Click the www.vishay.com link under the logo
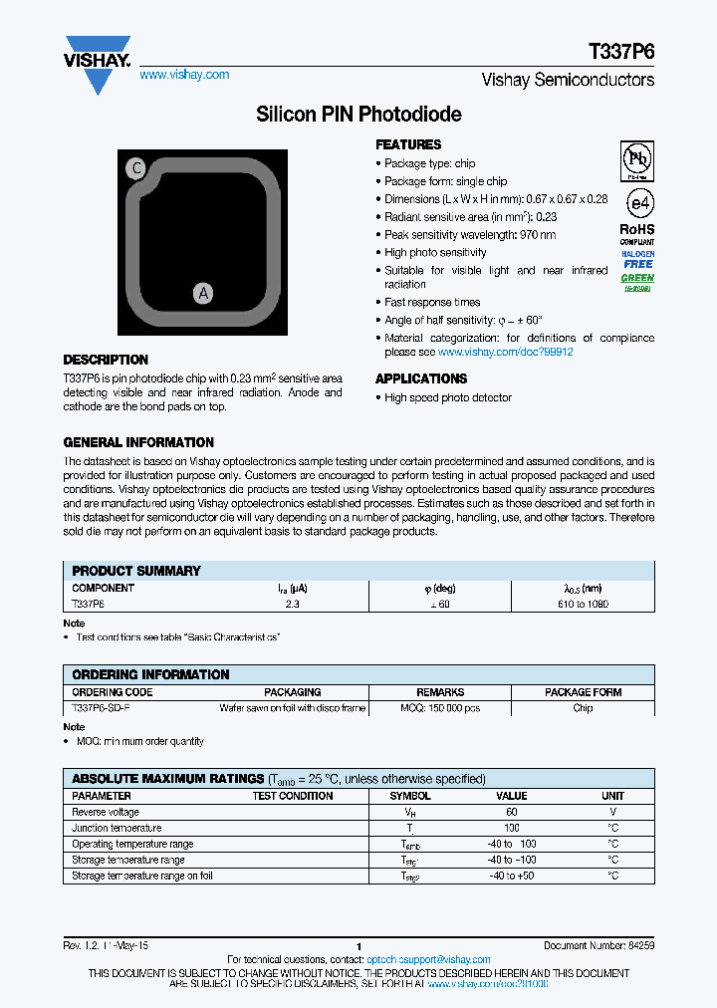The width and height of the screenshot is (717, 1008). tap(184, 75)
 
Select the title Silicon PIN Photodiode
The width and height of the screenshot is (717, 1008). tap(358, 115)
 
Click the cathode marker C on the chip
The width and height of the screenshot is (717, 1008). tap(137, 168)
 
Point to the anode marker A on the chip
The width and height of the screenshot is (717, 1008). tap(202, 293)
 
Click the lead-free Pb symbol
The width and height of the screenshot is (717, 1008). tap(637, 159)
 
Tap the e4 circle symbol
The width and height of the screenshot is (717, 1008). tap(638, 202)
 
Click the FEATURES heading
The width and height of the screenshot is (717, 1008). tap(408, 144)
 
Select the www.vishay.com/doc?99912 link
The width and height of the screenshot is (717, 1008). tap(505, 352)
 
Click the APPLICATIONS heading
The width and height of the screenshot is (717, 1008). tap(421, 378)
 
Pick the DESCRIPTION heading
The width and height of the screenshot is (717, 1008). tap(106, 360)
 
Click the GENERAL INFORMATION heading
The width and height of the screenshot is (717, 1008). tap(138, 442)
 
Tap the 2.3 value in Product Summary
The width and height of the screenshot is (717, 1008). tap(292, 604)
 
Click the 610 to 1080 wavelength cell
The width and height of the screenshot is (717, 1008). tap(584, 604)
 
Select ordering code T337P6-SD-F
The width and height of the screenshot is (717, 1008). tap(101, 708)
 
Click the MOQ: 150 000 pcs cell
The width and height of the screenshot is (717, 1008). tap(440, 708)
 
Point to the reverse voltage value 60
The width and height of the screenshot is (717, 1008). tap(512, 812)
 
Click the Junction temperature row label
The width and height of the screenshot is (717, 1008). tap(117, 828)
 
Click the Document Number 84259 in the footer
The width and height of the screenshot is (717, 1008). tap(598, 944)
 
